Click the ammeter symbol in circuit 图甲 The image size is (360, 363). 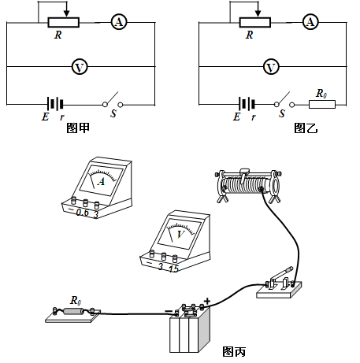[x=119, y=22]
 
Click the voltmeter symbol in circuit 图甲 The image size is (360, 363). [x=80, y=67]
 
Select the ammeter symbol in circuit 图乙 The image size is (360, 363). [x=310, y=22]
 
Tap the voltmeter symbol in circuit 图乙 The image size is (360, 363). [x=271, y=67]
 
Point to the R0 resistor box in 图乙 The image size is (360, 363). [x=322, y=105]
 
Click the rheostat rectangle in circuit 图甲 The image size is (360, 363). [x=63, y=23]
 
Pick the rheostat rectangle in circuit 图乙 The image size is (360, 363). [x=254, y=23]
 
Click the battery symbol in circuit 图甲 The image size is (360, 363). [x=55, y=104]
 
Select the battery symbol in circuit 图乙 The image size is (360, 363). [x=247, y=104]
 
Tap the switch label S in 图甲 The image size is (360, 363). [x=113, y=113]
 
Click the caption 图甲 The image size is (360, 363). [x=78, y=128]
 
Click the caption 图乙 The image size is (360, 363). [x=306, y=128]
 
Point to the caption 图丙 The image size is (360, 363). [x=234, y=352]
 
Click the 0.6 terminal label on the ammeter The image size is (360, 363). [x=83, y=213]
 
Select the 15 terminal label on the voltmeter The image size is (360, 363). [x=173, y=269]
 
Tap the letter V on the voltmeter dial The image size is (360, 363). [x=180, y=234]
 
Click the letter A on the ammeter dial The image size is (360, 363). [x=102, y=181]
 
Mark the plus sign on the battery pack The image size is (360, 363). [x=207, y=301]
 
